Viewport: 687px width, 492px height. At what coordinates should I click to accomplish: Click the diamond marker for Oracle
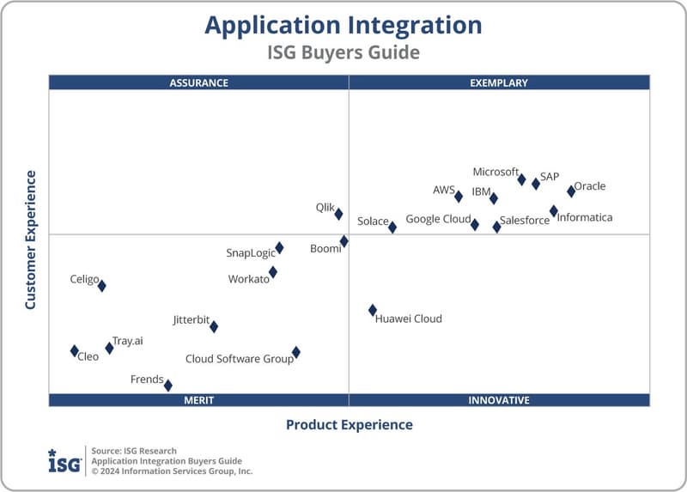(x=571, y=191)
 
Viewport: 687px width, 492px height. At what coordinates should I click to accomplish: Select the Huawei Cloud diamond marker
(x=373, y=310)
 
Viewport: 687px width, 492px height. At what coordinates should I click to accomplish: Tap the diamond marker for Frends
(x=168, y=386)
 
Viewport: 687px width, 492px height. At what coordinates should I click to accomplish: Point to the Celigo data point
(x=101, y=286)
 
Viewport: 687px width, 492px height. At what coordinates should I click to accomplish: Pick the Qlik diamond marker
(x=338, y=214)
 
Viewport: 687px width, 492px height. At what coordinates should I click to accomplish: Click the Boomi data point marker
(x=344, y=241)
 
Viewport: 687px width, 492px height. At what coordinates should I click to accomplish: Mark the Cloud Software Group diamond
(x=296, y=352)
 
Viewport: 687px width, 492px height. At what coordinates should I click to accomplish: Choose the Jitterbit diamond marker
(x=214, y=326)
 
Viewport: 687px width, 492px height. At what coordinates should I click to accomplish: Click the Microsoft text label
(x=495, y=172)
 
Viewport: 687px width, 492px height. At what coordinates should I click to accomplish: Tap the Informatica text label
(x=585, y=218)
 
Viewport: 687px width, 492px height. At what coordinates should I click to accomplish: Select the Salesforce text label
(x=525, y=221)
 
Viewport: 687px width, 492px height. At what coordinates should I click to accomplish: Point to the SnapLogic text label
(x=251, y=253)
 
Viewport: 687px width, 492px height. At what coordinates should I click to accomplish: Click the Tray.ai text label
(x=128, y=341)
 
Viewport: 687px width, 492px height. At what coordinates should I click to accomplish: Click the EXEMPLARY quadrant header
(x=499, y=83)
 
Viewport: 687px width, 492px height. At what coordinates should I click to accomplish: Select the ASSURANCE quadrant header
(x=198, y=83)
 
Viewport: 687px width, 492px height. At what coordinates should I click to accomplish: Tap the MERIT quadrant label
(x=198, y=400)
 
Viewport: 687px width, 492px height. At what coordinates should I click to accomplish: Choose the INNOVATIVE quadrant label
(x=499, y=400)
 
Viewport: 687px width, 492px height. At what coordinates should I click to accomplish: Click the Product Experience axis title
(x=349, y=425)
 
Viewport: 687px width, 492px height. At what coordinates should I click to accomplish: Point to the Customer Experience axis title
(x=31, y=240)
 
